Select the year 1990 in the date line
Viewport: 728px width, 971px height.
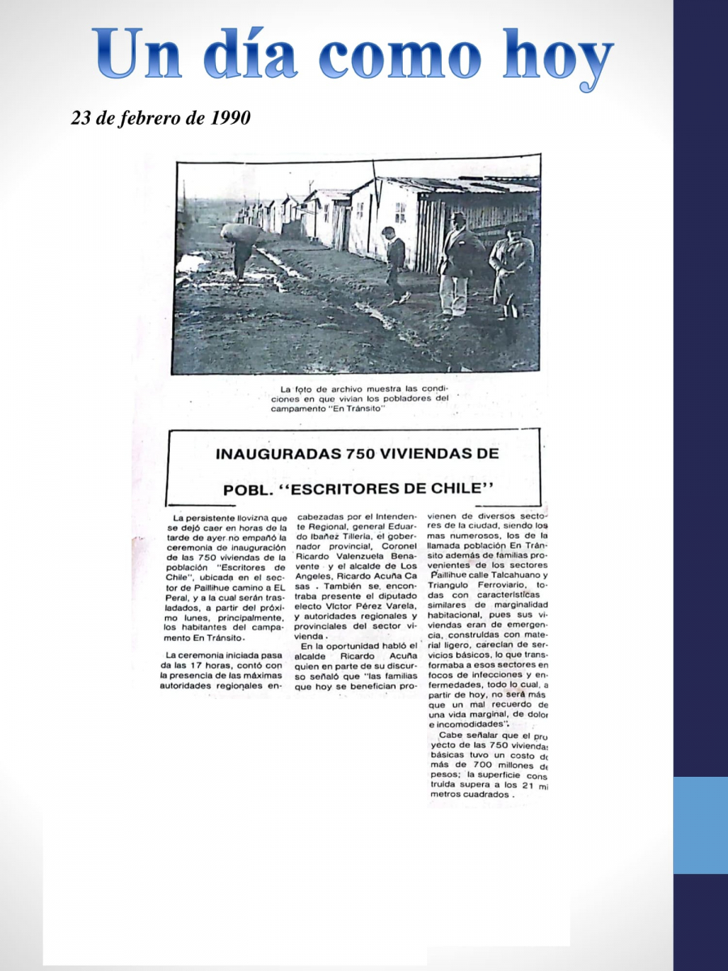[230, 117]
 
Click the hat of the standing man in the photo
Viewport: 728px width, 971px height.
[459, 218]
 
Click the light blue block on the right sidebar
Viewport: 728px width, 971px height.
[700, 825]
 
